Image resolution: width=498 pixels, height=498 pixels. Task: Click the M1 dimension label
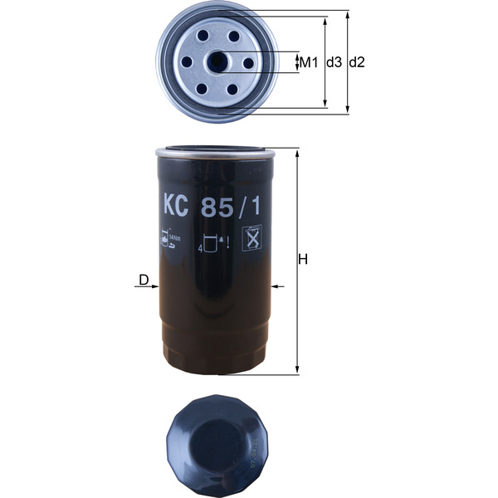[310, 62]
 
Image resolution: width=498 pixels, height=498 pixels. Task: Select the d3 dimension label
[334, 62]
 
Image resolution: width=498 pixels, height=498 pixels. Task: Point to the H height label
[305, 260]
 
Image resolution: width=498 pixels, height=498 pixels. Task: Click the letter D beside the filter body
[144, 280]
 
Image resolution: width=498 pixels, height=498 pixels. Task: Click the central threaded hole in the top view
[220, 62]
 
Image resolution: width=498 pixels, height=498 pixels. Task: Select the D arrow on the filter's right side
[277, 287]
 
